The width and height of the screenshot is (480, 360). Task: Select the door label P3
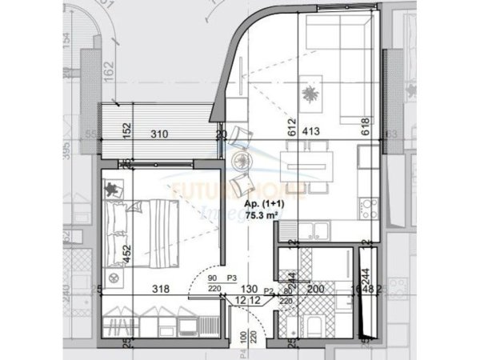(232, 279)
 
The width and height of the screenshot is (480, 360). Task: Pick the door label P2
(270, 293)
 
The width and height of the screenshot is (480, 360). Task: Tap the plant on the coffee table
(307, 94)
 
